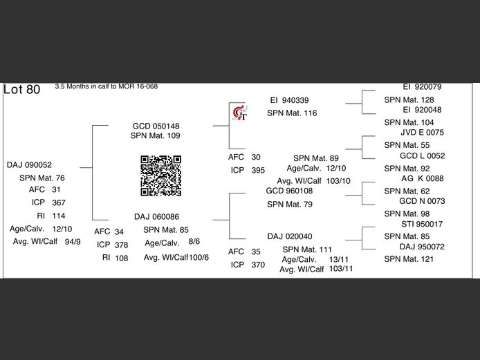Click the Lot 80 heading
(x=22, y=90)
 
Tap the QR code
(x=160, y=176)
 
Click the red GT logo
(x=239, y=113)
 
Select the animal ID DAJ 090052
(x=29, y=165)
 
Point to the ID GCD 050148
(x=156, y=126)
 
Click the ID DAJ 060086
(x=157, y=216)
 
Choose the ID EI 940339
(x=290, y=100)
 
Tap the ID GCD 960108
(x=289, y=191)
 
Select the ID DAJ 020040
(x=289, y=236)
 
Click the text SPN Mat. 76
(x=41, y=178)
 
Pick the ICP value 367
(x=59, y=202)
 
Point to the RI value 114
(x=59, y=216)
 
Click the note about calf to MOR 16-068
(x=106, y=87)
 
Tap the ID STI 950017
(x=422, y=225)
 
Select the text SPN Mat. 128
(x=409, y=100)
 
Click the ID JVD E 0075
(x=422, y=133)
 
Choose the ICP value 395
(x=258, y=170)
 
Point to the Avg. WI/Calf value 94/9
(x=73, y=242)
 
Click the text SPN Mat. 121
(x=409, y=259)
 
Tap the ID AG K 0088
(x=422, y=178)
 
